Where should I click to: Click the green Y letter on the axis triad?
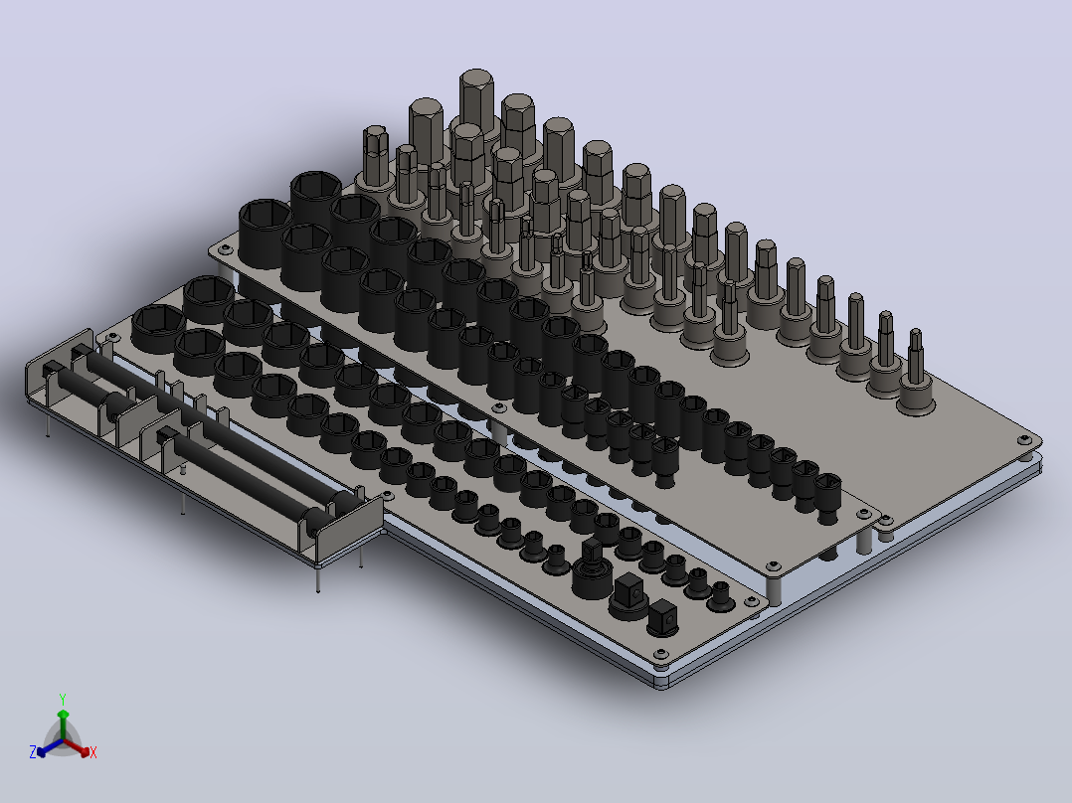(63, 699)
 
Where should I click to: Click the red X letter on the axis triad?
(93, 752)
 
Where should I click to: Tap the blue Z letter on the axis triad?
(33, 751)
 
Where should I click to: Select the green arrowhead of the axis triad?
(63, 715)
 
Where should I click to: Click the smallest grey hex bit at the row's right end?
(916, 373)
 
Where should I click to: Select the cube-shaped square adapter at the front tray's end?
(662, 618)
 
